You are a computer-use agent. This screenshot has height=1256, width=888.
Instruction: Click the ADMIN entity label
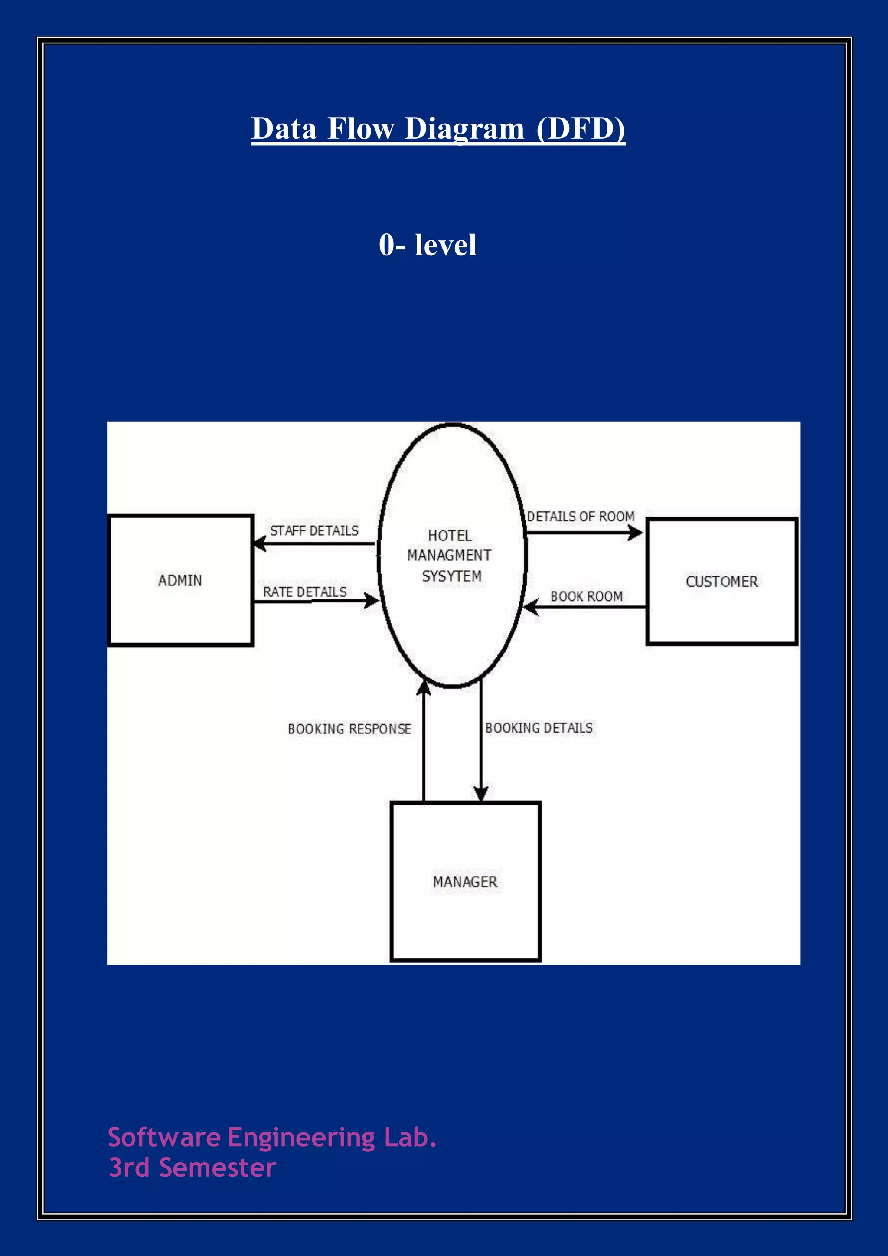(x=180, y=580)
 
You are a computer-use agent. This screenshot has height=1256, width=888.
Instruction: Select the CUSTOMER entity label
(x=722, y=582)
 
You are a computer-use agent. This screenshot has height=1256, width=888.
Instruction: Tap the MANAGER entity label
(x=465, y=882)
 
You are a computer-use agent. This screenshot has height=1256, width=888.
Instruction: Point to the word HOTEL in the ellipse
(x=450, y=536)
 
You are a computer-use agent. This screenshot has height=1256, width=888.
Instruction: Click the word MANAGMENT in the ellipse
(x=450, y=555)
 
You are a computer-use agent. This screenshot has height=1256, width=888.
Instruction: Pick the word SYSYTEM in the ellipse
(x=452, y=576)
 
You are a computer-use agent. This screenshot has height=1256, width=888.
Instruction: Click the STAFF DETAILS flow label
(x=314, y=530)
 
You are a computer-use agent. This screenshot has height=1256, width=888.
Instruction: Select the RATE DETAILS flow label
(x=304, y=592)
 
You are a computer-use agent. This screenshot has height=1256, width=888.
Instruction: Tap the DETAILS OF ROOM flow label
(x=581, y=517)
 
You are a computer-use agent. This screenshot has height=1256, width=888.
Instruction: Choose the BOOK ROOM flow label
(x=587, y=596)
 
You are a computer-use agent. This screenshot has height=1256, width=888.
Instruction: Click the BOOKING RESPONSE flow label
(x=349, y=729)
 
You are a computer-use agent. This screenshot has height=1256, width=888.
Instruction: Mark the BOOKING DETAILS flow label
(x=539, y=728)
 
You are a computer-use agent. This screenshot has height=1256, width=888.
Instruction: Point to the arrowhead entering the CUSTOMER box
(x=637, y=532)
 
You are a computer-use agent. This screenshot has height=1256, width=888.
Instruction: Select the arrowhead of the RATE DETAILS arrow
(x=372, y=601)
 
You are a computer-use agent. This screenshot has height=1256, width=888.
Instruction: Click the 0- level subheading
(x=428, y=245)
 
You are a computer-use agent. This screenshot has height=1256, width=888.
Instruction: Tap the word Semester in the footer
(x=217, y=1168)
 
